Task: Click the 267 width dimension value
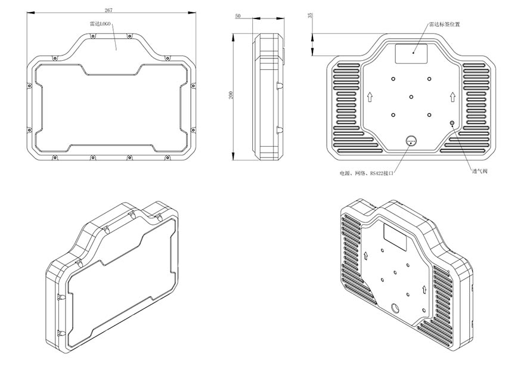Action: point(108,10)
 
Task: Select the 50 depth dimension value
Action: point(238,15)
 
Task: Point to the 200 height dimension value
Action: point(231,95)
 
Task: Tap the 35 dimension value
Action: point(310,15)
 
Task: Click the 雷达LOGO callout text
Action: point(100,24)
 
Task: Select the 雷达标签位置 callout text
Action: point(444,24)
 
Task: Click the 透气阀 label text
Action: point(480,172)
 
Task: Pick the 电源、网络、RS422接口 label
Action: point(366,173)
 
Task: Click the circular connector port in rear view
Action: point(411,141)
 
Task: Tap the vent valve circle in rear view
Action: point(452,123)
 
